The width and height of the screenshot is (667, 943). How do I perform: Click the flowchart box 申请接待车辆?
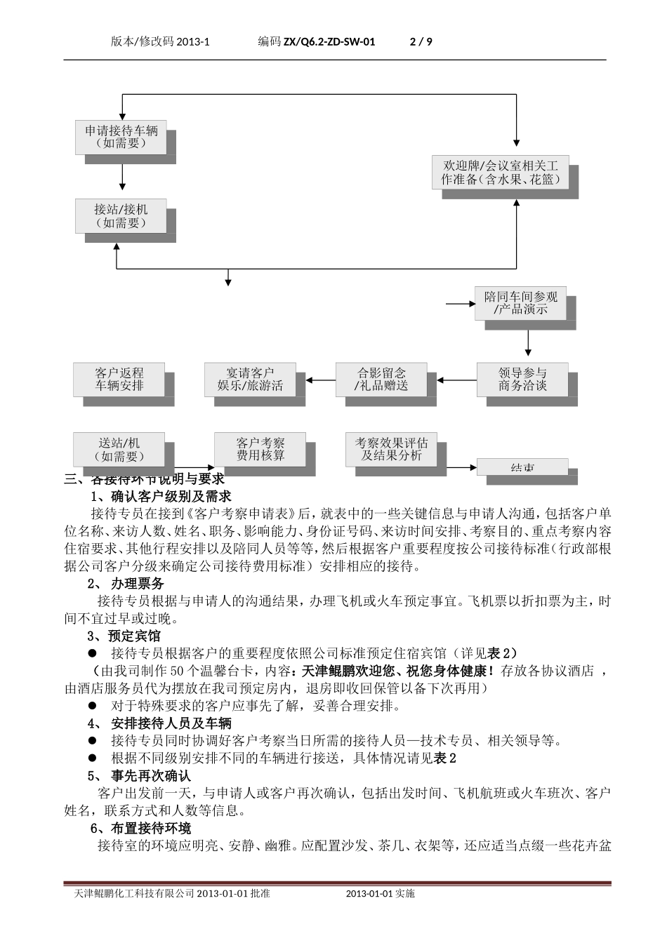[x=121, y=137]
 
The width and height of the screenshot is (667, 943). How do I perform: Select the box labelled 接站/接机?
[x=121, y=216]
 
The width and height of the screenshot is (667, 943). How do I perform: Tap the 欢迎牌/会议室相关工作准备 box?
[x=500, y=173]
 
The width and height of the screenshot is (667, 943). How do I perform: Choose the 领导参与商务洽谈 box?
[x=522, y=379]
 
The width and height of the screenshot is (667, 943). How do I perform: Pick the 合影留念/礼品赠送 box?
[x=381, y=379]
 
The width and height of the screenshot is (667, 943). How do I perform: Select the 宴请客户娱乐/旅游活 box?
[x=250, y=379]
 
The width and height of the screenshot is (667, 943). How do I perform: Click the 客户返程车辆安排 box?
[x=119, y=379]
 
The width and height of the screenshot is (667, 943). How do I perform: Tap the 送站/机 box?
[x=119, y=450]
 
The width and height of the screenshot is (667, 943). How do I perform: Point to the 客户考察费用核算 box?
[x=260, y=449]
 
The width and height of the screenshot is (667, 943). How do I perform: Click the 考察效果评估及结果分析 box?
[x=391, y=449]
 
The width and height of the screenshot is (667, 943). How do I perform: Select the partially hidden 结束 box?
[x=523, y=467]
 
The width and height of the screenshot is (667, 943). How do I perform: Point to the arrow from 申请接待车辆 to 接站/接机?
[x=122, y=177]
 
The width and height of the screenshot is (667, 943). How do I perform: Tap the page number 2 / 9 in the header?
[x=421, y=42]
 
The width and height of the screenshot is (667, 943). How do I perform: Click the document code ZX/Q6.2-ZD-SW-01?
[x=329, y=42]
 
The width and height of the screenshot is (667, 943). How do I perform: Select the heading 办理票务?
[x=137, y=584]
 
